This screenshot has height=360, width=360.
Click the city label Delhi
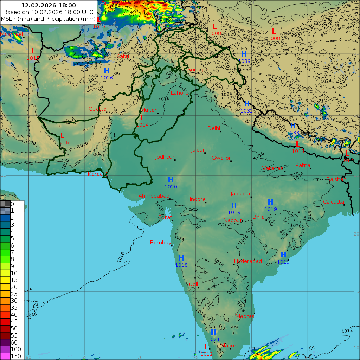coord(213,128)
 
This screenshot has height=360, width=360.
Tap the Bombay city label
coord(160,243)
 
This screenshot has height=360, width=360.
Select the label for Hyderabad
coord(248,261)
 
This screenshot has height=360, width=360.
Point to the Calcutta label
coord(333,202)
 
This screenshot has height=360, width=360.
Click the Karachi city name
coord(97,174)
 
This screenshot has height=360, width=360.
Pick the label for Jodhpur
coord(165,157)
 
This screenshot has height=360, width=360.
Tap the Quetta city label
coord(97,109)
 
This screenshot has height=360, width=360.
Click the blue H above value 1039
coord(244,54)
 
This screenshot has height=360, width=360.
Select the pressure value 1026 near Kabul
coord(107,78)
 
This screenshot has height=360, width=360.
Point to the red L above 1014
coord(142,118)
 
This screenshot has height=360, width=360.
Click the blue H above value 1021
coord(213,332)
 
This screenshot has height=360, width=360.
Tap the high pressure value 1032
coord(246,111)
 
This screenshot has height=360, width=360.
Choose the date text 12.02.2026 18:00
coord(49,5)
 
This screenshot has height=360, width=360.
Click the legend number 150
coord(16,356)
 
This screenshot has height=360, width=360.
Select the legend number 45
coord(14,321)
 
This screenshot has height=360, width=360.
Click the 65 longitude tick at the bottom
coord(84,357)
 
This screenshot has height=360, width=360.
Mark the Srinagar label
coord(198,70)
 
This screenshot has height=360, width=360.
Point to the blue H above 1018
coord(181,258)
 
